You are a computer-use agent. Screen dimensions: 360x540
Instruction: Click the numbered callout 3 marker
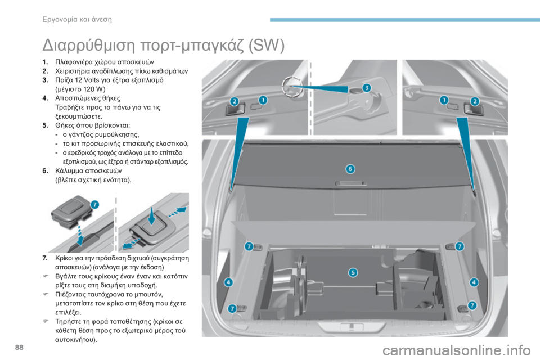[366, 87]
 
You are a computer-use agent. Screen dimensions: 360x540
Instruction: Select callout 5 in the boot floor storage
[353, 273]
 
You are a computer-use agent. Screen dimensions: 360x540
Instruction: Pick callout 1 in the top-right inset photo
[444, 100]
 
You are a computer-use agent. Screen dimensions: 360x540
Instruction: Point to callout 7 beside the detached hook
[94, 204]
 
